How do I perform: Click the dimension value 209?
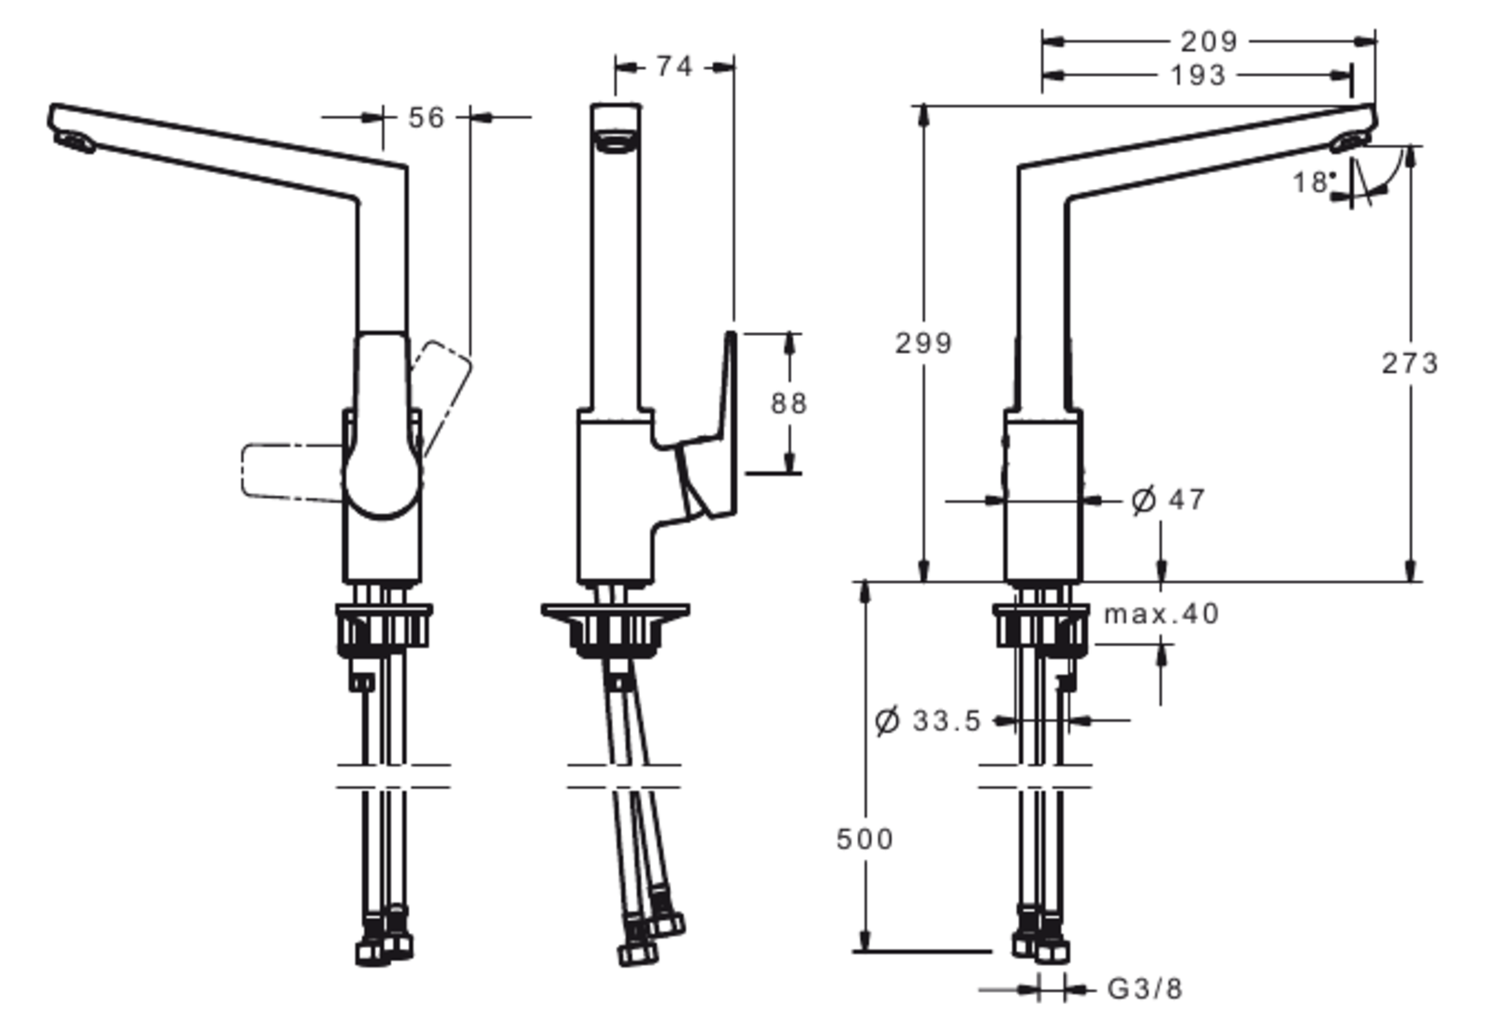[x=1208, y=41]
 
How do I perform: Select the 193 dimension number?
[x=1198, y=75]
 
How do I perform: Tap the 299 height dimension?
[x=923, y=343]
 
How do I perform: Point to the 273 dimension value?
[x=1409, y=362]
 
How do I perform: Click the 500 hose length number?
[x=864, y=839]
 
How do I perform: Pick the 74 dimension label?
[x=674, y=66]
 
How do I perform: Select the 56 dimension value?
[x=427, y=118]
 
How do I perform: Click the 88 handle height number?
[x=788, y=403]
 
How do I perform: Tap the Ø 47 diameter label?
[x=1168, y=500]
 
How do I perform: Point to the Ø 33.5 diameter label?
[x=927, y=721]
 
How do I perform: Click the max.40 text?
[x=1161, y=614]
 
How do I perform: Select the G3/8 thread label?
[x=1144, y=988]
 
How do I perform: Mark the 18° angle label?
[x=1312, y=182]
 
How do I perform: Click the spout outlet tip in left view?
[x=74, y=141]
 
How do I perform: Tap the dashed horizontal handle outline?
[x=290, y=470]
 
